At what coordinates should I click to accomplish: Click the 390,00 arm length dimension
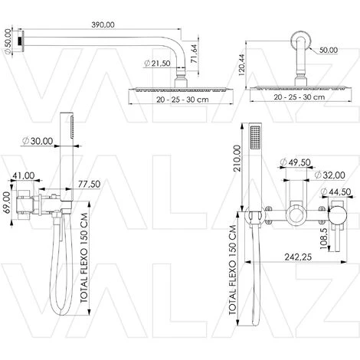pos(103,25)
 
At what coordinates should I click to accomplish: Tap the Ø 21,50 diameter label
pos(157,63)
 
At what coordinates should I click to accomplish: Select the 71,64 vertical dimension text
pos(194,54)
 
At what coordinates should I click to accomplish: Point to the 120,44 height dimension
pos(241,65)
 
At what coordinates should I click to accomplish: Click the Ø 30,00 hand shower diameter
pos(38,141)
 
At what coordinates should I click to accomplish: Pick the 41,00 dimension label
pos(24,175)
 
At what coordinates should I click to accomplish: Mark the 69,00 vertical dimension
pos(7,202)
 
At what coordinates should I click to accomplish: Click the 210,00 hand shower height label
pos(237,159)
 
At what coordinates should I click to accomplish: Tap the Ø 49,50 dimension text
pos(295,162)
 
